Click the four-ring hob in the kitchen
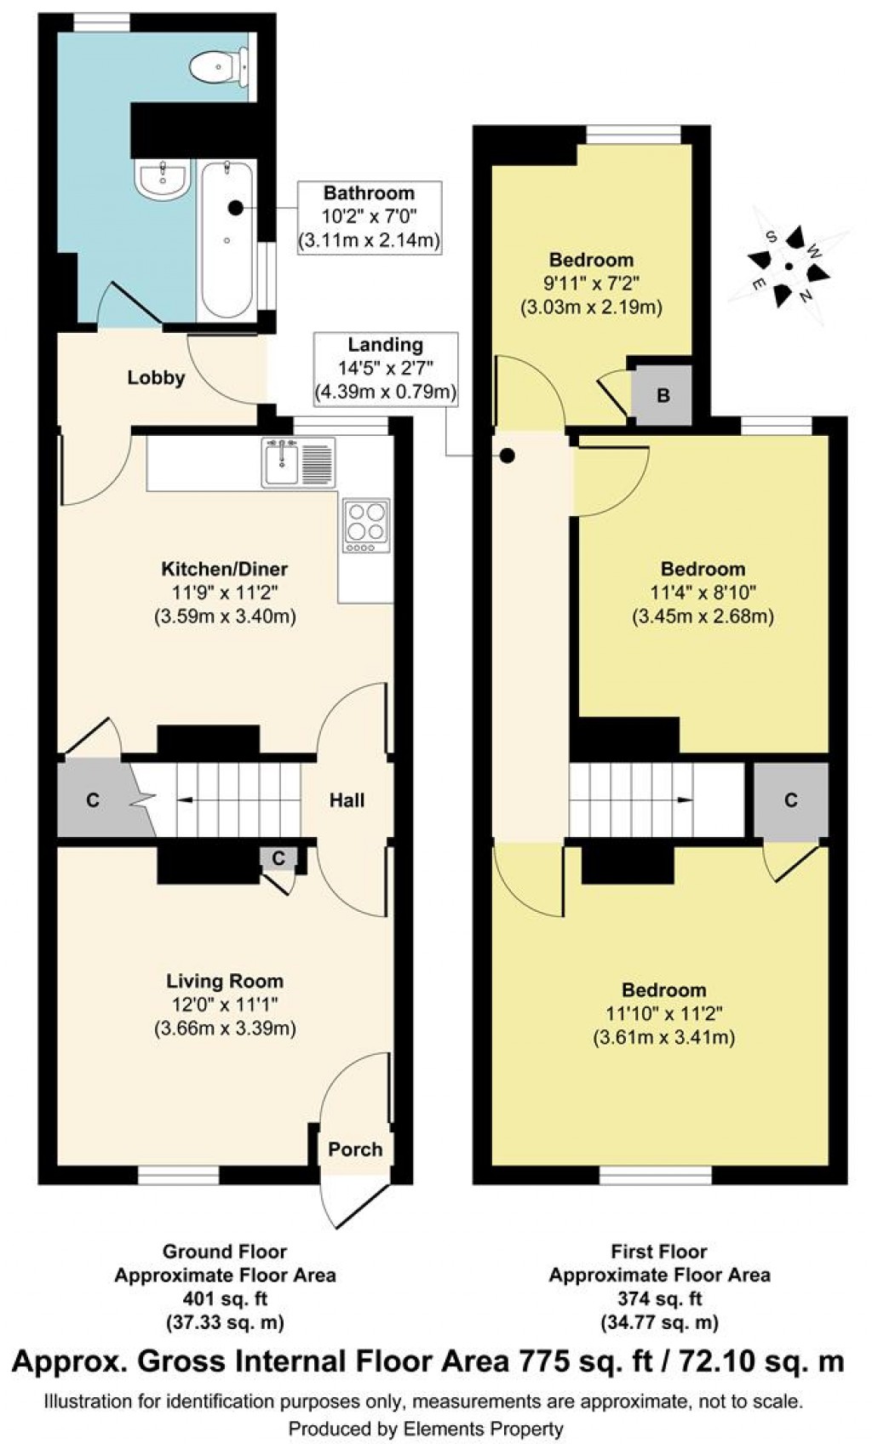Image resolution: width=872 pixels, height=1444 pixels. (x=367, y=522)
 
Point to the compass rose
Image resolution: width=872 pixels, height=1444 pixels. (x=789, y=267)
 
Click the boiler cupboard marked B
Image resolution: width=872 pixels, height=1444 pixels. (x=663, y=396)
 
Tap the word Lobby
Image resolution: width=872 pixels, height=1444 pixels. (x=156, y=377)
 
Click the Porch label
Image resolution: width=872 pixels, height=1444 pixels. (x=355, y=1149)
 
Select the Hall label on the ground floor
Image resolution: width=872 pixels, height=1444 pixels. (x=347, y=799)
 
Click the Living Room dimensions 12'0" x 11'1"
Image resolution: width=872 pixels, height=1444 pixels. (x=224, y=1005)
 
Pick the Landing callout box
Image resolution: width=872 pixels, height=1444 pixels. (x=385, y=369)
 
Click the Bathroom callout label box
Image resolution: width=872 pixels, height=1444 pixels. (x=369, y=217)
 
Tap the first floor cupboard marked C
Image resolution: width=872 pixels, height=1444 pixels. (x=790, y=799)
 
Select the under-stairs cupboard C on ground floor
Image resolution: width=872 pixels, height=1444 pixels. (x=93, y=799)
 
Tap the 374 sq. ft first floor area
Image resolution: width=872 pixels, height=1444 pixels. (x=659, y=1299)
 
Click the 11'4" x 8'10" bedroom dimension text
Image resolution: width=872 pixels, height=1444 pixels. (x=703, y=593)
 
